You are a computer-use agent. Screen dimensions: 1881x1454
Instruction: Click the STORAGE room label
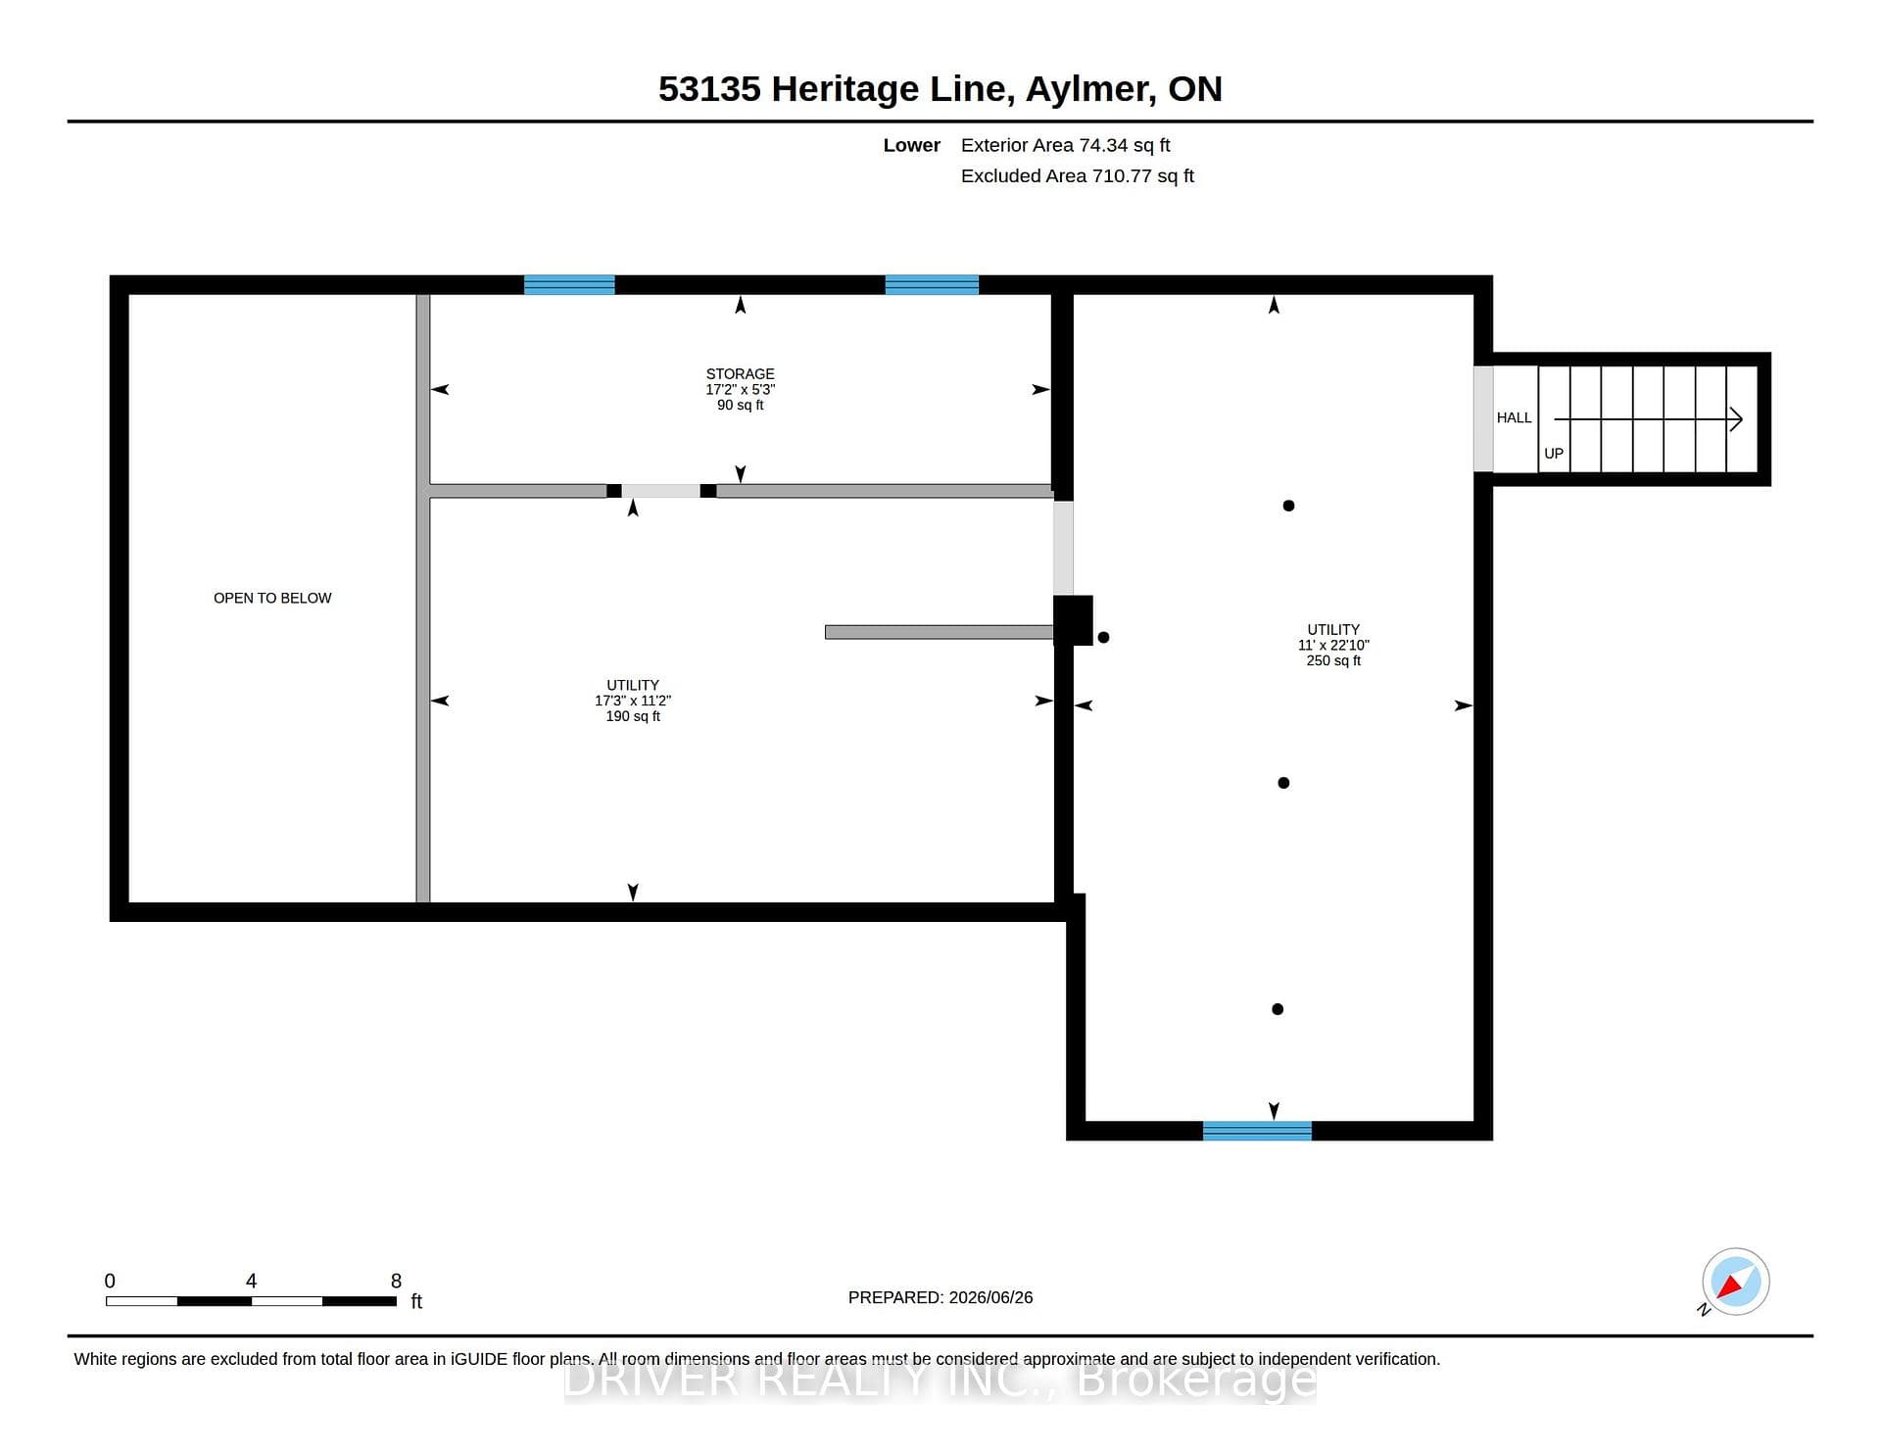tap(740, 374)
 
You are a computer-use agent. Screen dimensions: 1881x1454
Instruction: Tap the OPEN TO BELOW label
tap(272, 598)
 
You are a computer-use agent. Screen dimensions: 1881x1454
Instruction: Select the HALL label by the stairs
tap(1514, 417)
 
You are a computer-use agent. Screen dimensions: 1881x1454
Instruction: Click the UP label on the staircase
tap(1554, 454)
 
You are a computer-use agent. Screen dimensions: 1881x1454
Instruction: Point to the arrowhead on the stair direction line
tap(1736, 419)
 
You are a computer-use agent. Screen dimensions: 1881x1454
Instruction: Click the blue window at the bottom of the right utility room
tap(1257, 1131)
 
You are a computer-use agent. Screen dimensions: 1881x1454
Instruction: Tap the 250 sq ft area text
tap(1333, 660)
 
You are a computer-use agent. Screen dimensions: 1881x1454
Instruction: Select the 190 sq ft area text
tap(633, 716)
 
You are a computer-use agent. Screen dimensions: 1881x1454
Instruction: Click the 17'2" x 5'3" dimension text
tap(740, 389)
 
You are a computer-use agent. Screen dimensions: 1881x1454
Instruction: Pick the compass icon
tap(1735, 1282)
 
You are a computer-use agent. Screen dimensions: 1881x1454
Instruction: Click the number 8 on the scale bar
tap(396, 1281)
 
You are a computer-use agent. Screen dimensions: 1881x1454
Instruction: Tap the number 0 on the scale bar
tap(110, 1281)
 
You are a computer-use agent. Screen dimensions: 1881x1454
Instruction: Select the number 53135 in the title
tap(709, 89)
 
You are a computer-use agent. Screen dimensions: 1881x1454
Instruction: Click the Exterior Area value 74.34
tap(1103, 145)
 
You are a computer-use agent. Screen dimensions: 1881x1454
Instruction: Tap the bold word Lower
tap(911, 145)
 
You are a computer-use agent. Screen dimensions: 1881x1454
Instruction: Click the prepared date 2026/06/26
tap(990, 1297)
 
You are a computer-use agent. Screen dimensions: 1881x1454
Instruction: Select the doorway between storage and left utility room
tap(660, 491)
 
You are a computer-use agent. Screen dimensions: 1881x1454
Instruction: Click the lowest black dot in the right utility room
tap(1278, 1009)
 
